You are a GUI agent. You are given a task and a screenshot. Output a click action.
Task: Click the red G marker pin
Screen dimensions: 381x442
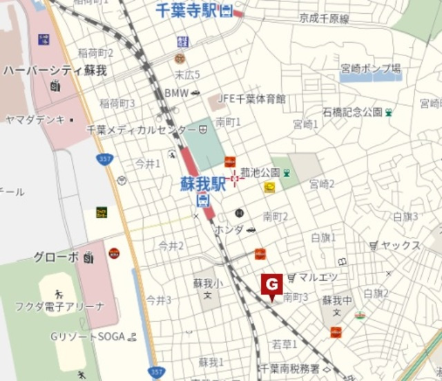coord(271,285)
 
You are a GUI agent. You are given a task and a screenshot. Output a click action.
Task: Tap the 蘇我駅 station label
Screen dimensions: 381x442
coord(204,185)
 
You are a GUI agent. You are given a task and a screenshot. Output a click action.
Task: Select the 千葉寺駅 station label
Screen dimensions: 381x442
coord(188,11)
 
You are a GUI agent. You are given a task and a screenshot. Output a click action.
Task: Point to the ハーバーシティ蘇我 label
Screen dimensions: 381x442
coord(55,71)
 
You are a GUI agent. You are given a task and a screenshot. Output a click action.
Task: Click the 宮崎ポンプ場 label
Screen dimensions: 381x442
coord(370,68)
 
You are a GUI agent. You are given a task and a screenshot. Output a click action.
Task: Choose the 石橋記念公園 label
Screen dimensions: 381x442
coord(352,111)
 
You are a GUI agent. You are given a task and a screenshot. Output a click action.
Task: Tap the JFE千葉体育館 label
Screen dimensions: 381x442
coord(252,99)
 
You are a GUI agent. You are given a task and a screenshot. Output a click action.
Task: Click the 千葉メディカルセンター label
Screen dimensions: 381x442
coord(141,129)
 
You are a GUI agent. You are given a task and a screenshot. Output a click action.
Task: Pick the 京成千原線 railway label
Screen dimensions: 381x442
coord(324,19)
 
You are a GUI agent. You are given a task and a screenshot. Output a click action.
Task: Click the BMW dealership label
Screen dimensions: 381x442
coord(177,93)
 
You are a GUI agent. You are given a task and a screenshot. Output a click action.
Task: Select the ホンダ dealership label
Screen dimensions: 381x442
coord(229,229)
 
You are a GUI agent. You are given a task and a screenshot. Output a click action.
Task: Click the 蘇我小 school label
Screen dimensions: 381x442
coord(206,283)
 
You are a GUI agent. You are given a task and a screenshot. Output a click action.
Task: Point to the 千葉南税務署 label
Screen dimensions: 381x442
coord(289,369)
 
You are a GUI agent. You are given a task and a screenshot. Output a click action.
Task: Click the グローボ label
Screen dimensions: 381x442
coord(57,257)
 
